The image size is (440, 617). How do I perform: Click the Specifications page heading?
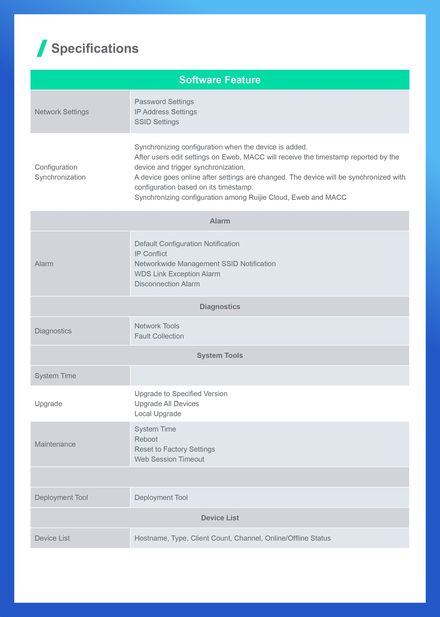tap(95, 48)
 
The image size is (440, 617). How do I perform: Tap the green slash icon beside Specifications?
tap(42, 48)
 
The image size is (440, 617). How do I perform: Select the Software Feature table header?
tap(220, 80)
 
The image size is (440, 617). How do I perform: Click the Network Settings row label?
tap(62, 112)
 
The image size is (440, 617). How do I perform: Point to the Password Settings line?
tap(164, 102)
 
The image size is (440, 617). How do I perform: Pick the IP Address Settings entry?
tap(165, 112)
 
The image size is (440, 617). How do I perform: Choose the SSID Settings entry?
tap(157, 122)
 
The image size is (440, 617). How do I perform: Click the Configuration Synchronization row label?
tap(60, 172)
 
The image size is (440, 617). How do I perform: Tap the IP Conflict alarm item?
tap(151, 254)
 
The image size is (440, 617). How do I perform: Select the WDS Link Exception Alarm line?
tap(177, 274)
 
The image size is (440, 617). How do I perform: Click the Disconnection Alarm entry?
tap(167, 284)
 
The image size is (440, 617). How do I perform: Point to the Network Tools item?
tap(157, 326)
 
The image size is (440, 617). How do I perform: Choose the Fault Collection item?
tap(159, 336)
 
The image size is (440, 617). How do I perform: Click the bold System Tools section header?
tap(220, 355)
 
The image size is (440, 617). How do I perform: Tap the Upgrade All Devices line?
tap(167, 404)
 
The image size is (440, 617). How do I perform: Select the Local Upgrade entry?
tap(158, 414)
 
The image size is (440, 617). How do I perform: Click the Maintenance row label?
tap(55, 444)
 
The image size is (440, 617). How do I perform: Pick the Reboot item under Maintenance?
tap(146, 439)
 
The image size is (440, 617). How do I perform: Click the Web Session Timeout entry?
tap(169, 459)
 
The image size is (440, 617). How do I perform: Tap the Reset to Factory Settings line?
tap(174, 449)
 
